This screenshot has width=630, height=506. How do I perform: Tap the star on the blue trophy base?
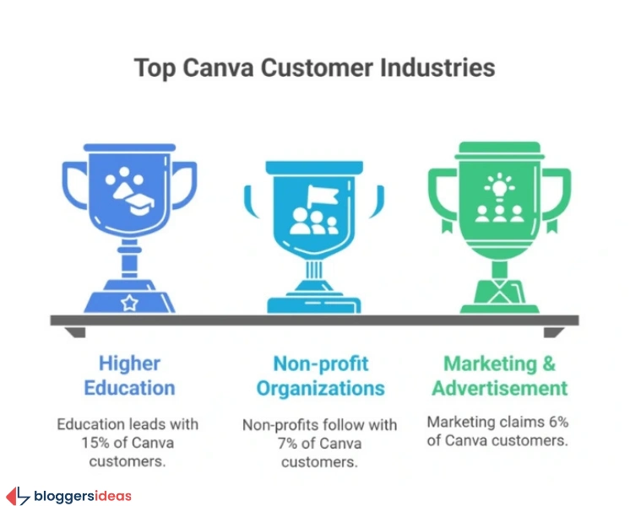[x=129, y=302]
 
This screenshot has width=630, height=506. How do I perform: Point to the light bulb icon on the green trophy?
[x=498, y=183]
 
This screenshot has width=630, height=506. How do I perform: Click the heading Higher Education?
[x=129, y=376]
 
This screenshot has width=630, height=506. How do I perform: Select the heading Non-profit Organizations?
[x=321, y=376]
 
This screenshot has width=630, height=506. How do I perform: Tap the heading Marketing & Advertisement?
[x=500, y=376]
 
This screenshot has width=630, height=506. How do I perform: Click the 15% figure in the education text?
[x=71, y=441]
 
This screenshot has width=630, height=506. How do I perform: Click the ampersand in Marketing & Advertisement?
[x=548, y=364]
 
